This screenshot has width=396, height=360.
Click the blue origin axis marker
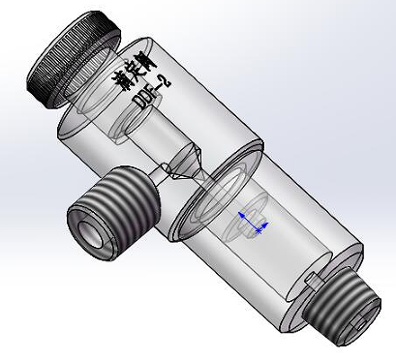click(x=255, y=226)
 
